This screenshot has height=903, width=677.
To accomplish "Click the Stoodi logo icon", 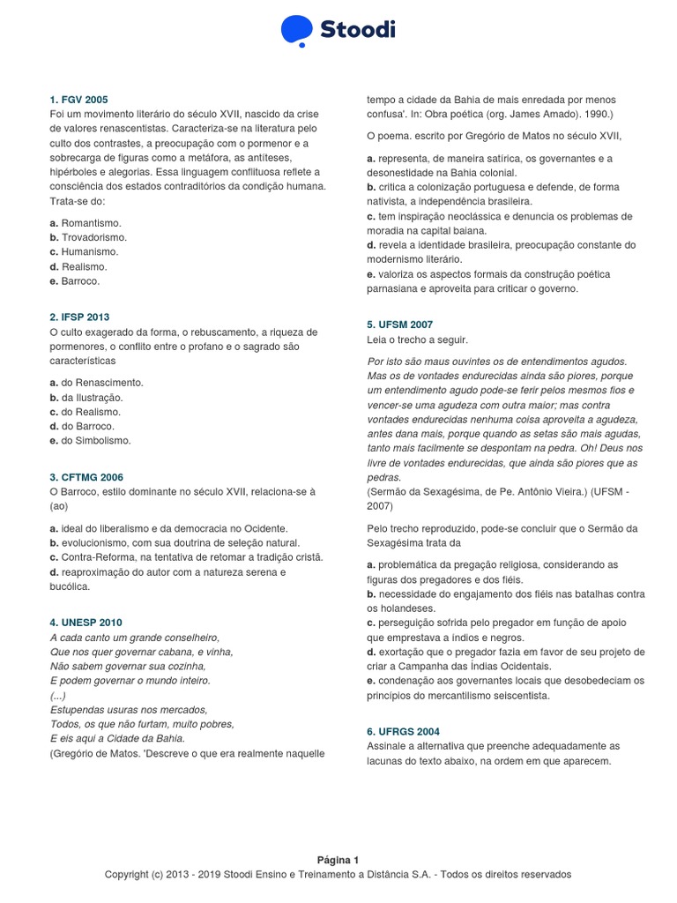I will [x=296, y=30].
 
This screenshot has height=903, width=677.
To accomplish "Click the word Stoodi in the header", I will [x=358, y=31].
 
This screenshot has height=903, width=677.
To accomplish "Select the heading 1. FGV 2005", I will [x=79, y=100].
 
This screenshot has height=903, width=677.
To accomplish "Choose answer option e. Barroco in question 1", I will [x=75, y=281].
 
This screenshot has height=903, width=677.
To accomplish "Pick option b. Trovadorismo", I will [x=88, y=237].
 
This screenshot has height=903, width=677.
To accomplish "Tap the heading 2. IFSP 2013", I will [x=80, y=317].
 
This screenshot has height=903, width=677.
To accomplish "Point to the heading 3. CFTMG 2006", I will [x=86, y=477].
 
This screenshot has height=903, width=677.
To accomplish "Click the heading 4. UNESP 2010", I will [x=86, y=623].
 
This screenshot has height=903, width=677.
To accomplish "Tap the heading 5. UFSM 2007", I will [x=399, y=325].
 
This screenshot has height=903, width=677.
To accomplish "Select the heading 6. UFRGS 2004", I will [x=403, y=732].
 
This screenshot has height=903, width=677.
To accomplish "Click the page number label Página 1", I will [x=338, y=860].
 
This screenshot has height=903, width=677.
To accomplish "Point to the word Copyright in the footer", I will [x=125, y=874].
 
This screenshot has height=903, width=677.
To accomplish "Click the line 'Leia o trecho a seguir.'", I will [x=417, y=340].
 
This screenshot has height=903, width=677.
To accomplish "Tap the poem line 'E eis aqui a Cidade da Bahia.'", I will [x=117, y=739].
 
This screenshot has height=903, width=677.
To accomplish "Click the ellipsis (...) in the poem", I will [x=58, y=695].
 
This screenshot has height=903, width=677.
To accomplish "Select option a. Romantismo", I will [x=86, y=223].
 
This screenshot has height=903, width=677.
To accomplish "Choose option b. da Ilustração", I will [x=86, y=397].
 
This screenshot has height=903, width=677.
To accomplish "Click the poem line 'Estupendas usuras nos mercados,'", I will [x=129, y=710].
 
